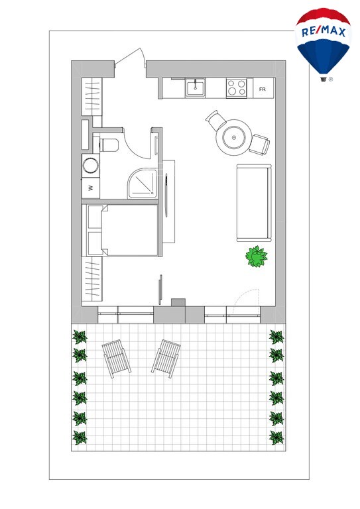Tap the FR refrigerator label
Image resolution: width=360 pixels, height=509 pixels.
263,89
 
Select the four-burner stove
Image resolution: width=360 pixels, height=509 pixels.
236,87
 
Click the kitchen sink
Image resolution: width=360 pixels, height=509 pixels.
196,87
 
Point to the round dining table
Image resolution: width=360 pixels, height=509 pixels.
234,137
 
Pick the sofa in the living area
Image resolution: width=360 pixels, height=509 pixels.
254,203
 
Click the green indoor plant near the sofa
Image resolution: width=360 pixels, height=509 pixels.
257,256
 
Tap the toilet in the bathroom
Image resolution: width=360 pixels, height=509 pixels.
109,144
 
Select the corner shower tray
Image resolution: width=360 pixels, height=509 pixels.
143,183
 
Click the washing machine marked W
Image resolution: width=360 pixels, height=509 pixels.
91,188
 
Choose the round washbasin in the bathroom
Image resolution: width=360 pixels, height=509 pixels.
91,166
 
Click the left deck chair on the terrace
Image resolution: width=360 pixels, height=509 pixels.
116,359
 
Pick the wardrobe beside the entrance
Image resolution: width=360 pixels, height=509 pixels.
91,97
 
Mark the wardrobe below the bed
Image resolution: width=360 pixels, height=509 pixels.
91,279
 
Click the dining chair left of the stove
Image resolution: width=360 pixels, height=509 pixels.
216,121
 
